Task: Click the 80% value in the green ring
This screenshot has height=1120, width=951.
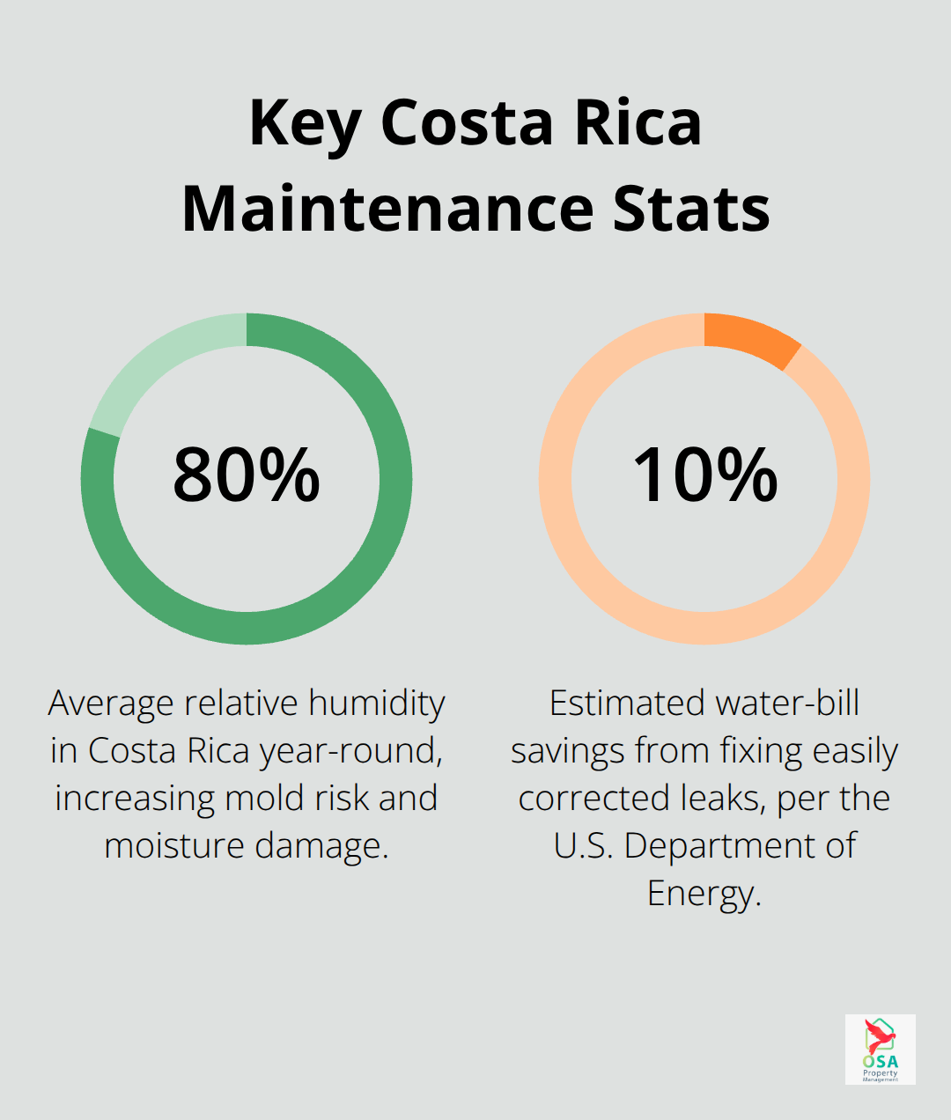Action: [247, 475]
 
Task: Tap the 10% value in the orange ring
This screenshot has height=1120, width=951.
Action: [704, 475]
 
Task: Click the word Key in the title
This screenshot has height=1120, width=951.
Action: [304, 123]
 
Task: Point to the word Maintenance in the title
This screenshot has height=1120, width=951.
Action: [388, 210]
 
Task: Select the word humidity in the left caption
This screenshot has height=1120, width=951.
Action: [377, 704]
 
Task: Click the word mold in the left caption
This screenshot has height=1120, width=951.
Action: [263, 799]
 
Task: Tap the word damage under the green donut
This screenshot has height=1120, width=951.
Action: [321, 846]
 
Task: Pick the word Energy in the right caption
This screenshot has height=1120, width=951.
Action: [703, 894]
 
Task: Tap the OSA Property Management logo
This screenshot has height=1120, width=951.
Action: [880, 1049]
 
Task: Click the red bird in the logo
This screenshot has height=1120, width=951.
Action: [878, 1035]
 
